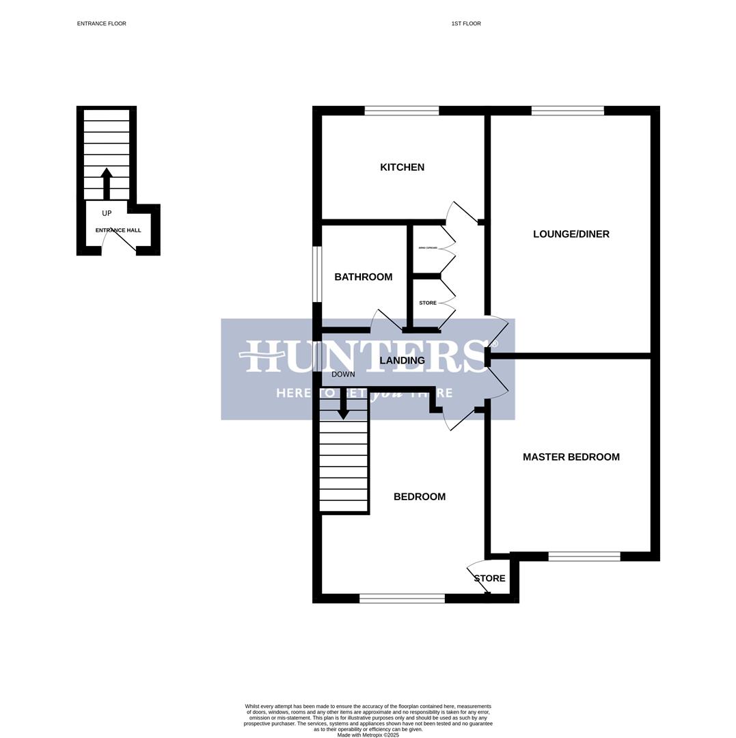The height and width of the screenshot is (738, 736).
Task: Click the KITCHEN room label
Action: point(402,167)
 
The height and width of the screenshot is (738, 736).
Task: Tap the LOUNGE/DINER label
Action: point(571,234)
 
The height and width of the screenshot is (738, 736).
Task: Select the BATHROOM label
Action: point(363,277)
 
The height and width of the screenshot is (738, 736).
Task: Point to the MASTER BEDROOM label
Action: point(571,457)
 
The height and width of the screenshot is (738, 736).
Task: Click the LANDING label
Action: point(402,361)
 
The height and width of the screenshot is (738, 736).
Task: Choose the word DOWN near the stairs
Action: point(343,374)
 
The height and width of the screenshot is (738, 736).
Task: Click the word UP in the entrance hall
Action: point(107,213)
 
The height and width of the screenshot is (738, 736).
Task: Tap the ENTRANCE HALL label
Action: point(118,230)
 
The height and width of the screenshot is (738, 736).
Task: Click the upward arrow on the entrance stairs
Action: point(107,182)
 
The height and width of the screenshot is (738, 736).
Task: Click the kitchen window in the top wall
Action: point(401,111)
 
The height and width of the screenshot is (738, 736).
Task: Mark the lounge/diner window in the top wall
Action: point(567,111)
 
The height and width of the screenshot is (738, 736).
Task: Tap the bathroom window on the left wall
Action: point(317,274)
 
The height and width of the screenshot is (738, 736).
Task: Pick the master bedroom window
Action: point(584,557)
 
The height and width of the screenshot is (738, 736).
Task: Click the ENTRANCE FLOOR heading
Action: point(101,24)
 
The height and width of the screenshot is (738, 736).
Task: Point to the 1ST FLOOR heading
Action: point(465,24)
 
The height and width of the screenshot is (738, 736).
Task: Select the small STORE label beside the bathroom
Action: point(428,303)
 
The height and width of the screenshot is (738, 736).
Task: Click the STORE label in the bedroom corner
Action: point(489,579)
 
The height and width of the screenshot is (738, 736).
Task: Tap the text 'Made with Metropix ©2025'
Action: point(368,735)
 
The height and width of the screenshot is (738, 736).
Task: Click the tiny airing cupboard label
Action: point(428,248)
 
